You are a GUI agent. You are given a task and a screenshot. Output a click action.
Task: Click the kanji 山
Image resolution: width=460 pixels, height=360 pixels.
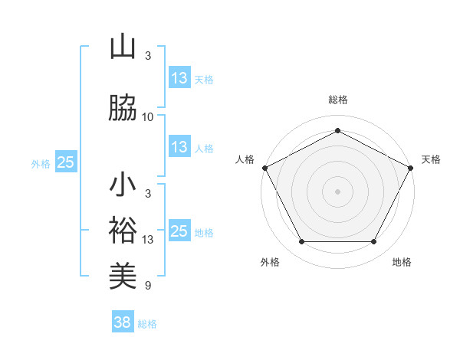pyautogui.click(x=123, y=47)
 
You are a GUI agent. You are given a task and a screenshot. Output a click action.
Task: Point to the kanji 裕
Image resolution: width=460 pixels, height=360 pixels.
pyautogui.click(x=123, y=231)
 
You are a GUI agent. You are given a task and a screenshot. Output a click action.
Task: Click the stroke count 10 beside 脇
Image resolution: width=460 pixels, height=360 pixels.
pyautogui.click(x=148, y=117)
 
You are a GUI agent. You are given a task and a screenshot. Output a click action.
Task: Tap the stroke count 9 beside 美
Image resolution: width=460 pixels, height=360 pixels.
pyautogui.click(x=148, y=286)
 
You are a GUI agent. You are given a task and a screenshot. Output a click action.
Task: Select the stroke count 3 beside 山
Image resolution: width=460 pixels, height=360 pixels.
pyautogui.click(x=148, y=56)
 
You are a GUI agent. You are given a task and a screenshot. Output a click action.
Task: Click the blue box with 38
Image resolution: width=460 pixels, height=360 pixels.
pyautogui.click(x=122, y=322)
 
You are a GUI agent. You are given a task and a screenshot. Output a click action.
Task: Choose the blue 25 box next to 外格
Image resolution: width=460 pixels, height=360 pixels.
pyautogui.click(x=65, y=162)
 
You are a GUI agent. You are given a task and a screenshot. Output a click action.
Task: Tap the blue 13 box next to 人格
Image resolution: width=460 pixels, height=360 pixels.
pyautogui.click(x=179, y=147)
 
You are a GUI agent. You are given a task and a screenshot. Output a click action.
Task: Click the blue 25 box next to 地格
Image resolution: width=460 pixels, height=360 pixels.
pyautogui.click(x=179, y=231)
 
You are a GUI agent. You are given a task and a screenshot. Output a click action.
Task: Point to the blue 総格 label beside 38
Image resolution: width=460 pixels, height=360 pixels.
pyautogui.click(x=148, y=324)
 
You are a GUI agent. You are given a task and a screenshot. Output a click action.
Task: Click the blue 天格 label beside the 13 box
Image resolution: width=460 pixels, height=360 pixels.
pyautogui.click(x=204, y=79)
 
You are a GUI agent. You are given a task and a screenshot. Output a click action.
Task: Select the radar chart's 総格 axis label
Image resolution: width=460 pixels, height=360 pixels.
pyautogui.click(x=338, y=100)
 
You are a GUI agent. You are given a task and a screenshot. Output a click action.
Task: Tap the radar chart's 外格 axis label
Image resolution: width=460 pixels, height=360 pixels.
pyautogui.click(x=270, y=262)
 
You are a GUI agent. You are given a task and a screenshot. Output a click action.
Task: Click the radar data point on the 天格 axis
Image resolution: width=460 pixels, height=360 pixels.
pyautogui.click(x=412, y=167)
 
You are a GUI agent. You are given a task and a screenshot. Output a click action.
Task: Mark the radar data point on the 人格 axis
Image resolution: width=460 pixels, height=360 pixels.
pyautogui.click(x=264, y=167)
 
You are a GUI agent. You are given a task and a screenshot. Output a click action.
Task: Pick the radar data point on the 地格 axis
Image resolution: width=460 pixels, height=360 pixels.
pyautogui.click(x=374, y=242)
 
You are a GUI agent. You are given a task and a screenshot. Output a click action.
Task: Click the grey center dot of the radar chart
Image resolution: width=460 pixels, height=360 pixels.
pyautogui.click(x=338, y=191)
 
